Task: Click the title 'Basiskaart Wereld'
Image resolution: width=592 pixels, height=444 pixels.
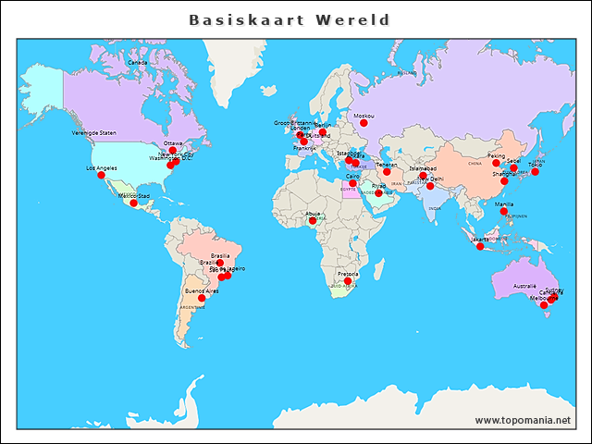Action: point(290,19)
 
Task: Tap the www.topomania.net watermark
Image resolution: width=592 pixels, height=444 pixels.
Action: point(523,420)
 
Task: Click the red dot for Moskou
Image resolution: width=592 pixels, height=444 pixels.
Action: point(364,123)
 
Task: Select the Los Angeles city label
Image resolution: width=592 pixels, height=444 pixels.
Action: point(102,168)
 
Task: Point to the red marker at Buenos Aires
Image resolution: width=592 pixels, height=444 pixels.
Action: point(202,298)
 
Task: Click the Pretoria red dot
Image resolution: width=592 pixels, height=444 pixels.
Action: point(348,281)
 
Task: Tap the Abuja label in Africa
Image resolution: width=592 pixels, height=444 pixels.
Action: point(314,214)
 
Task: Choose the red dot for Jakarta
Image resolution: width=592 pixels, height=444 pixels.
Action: point(480,246)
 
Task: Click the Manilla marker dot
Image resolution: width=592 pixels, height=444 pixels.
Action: point(504,212)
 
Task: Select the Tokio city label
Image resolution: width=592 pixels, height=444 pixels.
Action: point(535,165)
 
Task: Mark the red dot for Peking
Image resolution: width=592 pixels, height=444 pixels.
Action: point(496,164)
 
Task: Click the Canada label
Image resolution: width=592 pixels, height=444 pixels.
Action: point(137,62)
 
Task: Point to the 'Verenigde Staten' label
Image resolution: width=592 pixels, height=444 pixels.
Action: point(94,133)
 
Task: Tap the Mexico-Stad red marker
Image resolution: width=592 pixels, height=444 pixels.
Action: point(133,203)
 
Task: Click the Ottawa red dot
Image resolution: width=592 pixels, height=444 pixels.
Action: point(173,151)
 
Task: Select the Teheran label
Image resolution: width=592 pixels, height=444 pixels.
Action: point(386,165)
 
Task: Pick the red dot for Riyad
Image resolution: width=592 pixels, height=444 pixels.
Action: point(378,192)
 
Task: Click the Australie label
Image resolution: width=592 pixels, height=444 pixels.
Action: point(524,286)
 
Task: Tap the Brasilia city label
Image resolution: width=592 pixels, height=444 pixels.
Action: point(220,255)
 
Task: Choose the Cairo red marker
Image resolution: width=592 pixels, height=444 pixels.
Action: point(352,183)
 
